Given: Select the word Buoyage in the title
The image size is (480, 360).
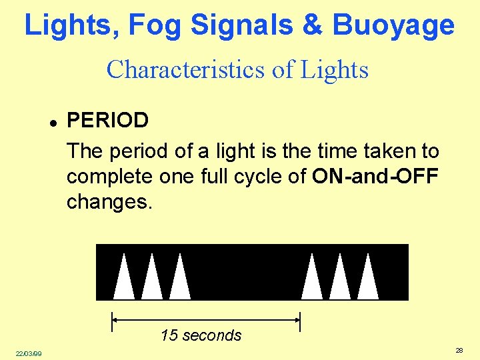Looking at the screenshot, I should tap(393, 25).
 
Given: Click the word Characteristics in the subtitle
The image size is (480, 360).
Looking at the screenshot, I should tap(177, 69).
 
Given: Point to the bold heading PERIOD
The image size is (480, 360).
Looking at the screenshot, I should tap(108, 121).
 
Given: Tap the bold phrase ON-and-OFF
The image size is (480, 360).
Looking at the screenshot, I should tap(375, 177).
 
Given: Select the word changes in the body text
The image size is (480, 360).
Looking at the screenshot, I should tap(109, 202).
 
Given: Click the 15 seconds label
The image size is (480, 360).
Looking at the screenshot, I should tap(201, 335).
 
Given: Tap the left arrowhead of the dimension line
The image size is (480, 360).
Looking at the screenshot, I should tap(116, 321).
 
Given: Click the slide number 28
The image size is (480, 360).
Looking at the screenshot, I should tap(459, 350).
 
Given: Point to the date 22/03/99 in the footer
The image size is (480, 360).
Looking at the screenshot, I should tap(29, 353).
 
